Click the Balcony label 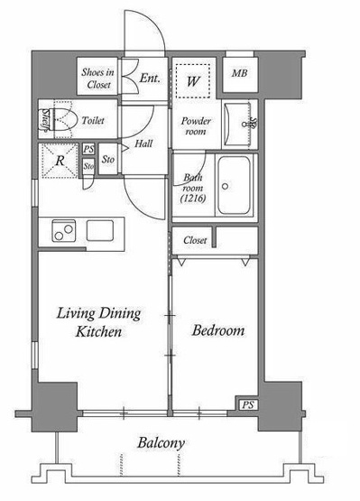click(x=161, y=443)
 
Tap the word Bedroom click(x=218, y=330)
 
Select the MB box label click(x=240, y=73)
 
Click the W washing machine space click(x=193, y=81)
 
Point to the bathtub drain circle click(x=226, y=186)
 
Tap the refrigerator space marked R click(x=59, y=161)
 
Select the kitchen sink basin click(x=100, y=231)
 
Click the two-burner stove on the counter click(x=64, y=231)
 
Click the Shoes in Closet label click(x=98, y=79)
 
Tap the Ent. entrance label click(x=150, y=78)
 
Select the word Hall click(x=143, y=144)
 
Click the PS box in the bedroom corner click(x=247, y=404)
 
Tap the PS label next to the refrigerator click(x=88, y=149)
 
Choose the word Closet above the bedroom click(x=195, y=240)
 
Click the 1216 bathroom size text click(x=193, y=199)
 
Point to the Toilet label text click(x=93, y=120)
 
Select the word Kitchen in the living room click(x=98, y=331)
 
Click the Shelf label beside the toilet click(x=45, y=120)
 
